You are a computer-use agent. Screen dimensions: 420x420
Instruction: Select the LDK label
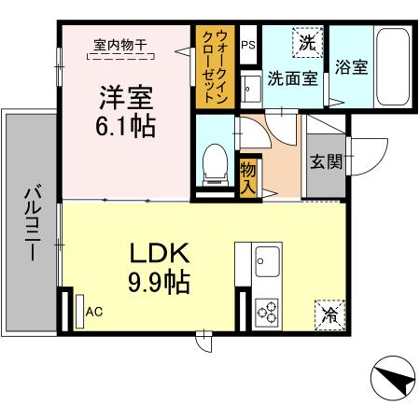(x=159, y=253)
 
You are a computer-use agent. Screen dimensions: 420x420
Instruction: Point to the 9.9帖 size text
(x=159, y=282)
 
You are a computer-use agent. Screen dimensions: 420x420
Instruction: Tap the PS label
(x=247, y=44)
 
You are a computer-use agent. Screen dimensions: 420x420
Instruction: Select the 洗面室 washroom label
(x=292, y=78)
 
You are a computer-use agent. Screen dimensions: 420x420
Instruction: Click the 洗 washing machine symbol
(x=307, y=42)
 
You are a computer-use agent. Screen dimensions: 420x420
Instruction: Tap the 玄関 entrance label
(x=326, y=161)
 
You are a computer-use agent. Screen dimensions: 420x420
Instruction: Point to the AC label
(x=94, y=312)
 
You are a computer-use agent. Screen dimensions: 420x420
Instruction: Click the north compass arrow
(x=391, y=379)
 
